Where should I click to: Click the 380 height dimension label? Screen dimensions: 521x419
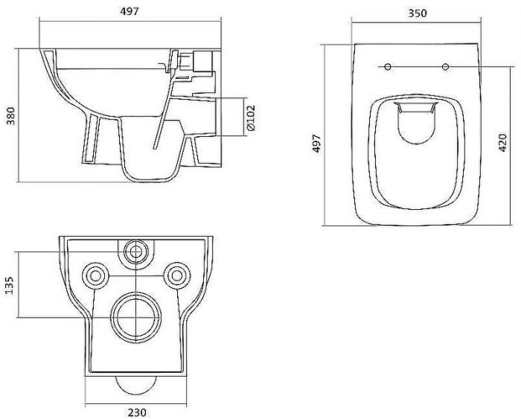(x=11, y=115)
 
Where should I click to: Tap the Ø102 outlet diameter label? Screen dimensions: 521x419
(x=252, y=118)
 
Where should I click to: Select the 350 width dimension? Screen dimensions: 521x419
(x=417, y=13)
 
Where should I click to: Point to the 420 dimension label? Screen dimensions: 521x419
(x=503, y=143)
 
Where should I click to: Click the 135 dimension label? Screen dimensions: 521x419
(x=10, y=285)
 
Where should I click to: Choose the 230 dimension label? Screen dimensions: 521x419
(x=137, y=412)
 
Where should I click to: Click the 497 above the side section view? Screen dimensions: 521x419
(x=130, y=11)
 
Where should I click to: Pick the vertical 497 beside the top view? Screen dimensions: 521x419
(x=317, y=143)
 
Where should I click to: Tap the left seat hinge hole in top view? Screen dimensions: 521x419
(x=388, y=67)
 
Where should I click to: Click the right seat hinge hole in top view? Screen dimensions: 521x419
(x=445, y=67)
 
